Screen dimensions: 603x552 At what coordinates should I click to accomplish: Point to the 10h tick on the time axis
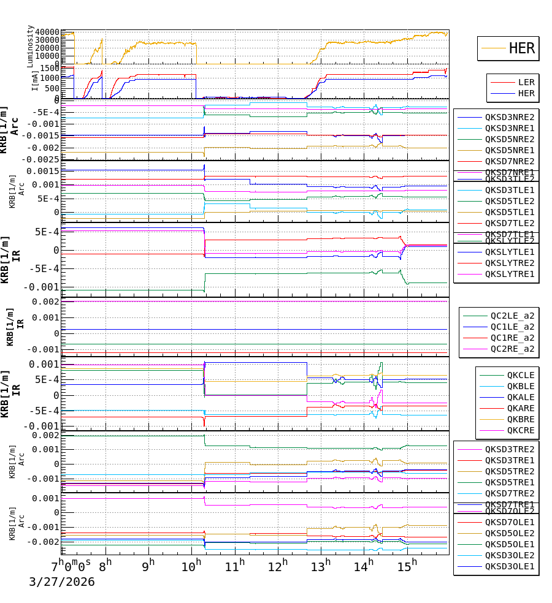191,564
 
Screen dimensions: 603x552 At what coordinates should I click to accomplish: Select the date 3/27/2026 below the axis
62,582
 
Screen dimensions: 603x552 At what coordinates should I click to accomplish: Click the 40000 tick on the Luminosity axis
47,32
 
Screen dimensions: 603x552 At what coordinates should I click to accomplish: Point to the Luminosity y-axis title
30,46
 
